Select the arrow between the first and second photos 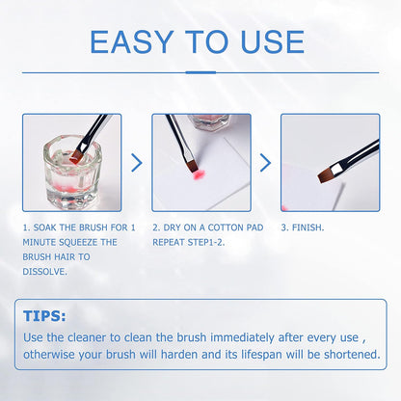click(x=136, y=163)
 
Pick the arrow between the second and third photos click(x=265, y=163)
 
